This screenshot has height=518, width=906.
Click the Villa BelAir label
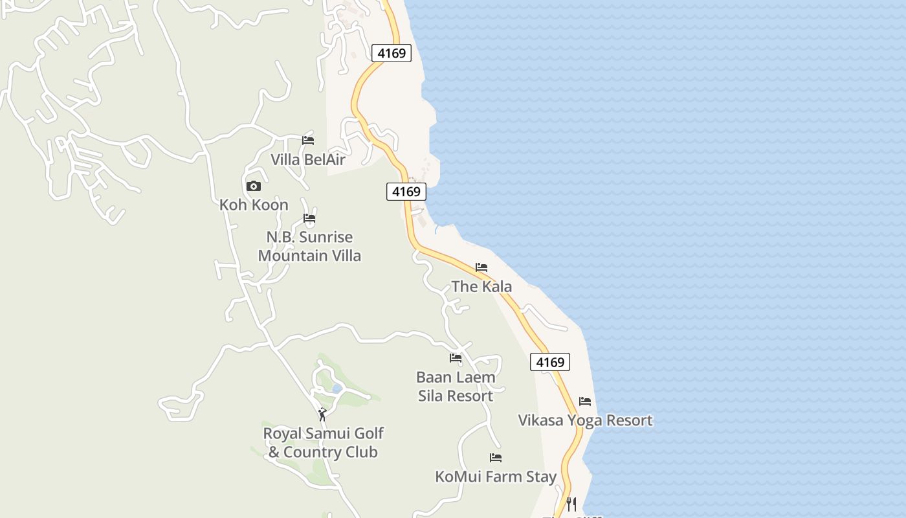click(308, 159)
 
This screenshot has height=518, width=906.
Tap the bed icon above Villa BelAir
click(308, 140)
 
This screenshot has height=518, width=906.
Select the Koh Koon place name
click(254, 205)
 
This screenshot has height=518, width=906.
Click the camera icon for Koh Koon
click(254, 186)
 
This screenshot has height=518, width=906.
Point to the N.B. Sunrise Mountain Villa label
click(309, 246)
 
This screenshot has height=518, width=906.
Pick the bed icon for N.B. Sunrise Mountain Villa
click(309, 218)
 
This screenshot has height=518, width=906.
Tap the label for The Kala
click(481, 286)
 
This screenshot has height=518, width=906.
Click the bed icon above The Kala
click(481, 267)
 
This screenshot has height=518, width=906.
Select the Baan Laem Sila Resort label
click(456, 386)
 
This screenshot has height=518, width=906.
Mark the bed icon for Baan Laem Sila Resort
click(456, 358)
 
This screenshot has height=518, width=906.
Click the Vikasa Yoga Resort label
click(585, 420)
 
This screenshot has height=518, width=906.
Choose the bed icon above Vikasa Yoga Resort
click(585, 401)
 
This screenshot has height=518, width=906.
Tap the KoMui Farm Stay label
click(496, 477)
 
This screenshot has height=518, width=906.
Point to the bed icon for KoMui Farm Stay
click(496, 458)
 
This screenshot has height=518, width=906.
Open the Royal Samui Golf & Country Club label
click(323, 442)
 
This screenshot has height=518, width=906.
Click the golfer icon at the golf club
click(322, 414)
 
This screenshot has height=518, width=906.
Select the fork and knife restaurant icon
click(571, 504)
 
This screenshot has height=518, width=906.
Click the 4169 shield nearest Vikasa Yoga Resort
click(550, 362)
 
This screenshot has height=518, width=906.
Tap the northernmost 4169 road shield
click(392, 53)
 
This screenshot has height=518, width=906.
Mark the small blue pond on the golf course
click(337, 388)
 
